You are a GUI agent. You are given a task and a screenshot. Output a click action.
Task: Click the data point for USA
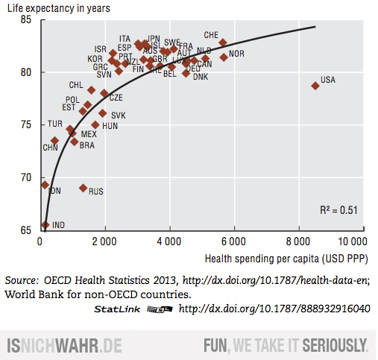(315, 86)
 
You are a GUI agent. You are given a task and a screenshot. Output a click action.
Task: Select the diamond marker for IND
(45, 224)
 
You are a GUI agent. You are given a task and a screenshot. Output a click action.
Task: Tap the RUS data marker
(83, 188)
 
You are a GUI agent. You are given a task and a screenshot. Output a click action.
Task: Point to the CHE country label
(211, 35)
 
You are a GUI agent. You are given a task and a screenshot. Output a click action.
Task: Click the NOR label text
(236, 54)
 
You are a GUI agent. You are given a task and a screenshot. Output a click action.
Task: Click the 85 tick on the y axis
(27, 19)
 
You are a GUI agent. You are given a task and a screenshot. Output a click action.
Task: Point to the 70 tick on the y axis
(27, 177)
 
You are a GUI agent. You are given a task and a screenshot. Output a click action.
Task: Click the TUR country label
(55, 124)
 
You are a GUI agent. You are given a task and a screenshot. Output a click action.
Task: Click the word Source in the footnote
(21, 280)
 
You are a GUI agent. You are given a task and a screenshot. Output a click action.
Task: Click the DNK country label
(201, 78)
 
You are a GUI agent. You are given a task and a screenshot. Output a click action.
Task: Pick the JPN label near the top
(153, 38)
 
